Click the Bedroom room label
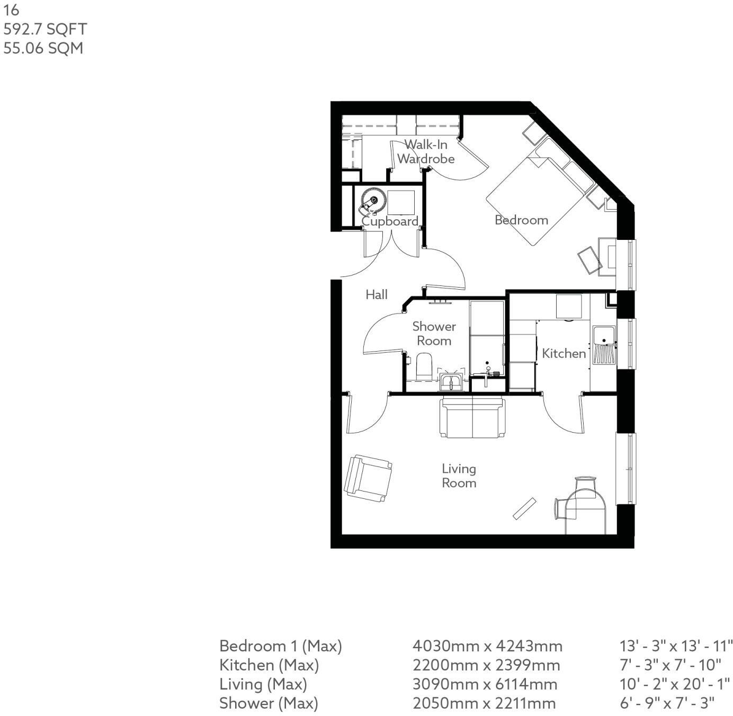pyautogui.click(x=521, y=220)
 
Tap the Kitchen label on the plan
pyautogui.click(x=564, y=353)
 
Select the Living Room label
pyautogui.click(x=459, y=476)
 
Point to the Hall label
pyautogui.click(x=377, y=294)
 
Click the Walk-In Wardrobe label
pyautogui.click(x=426, y=151)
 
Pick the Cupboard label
pyautogui.click(x=390, y=221)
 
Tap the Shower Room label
pyautogui.click(x=434, y=334)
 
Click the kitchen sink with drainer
pyautogui.click(x=604, y=345)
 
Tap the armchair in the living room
pyautogui.click(x=368, y=478)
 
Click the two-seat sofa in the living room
pyautogui.click(x=472, y=418)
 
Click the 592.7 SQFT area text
pyautogui.click(x=44, y=29)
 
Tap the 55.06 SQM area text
pyautogui.click(x=43, y=48)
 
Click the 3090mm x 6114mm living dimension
pyautogui.click(x=485, y=684)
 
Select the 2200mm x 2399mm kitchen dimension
pyautogui.click(x=486, y=665)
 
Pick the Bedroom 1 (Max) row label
pyautogui.click(x=281, y=646)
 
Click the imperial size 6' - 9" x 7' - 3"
pyautogui.click(x=667, y=703)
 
